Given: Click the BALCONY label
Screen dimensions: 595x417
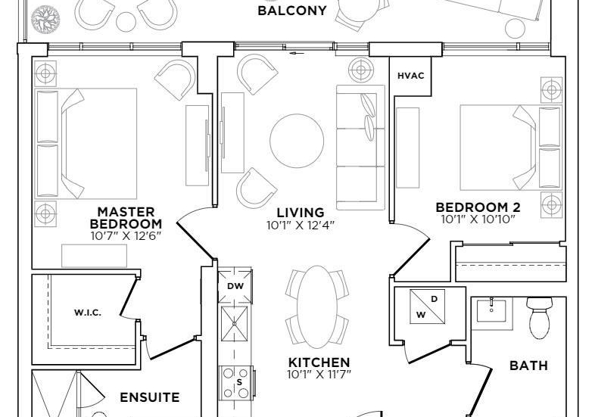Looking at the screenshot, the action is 291,11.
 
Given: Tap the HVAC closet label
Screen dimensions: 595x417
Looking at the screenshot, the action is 410,76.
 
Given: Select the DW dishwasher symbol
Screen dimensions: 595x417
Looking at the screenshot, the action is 235,286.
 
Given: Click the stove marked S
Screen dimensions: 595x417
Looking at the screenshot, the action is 235,382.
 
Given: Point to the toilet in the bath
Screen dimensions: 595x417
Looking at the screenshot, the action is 540,318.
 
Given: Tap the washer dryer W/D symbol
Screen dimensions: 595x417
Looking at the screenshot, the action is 428,307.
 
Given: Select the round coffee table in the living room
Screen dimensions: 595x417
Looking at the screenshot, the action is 297,141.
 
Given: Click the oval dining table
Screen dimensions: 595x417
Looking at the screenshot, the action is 317,307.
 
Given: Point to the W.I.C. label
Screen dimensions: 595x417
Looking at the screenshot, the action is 88,313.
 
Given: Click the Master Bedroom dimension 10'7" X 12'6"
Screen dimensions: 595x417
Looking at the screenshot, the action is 126,235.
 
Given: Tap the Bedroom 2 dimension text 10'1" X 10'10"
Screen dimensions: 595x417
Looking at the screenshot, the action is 478,219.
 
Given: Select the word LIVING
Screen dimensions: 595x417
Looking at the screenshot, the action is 301,213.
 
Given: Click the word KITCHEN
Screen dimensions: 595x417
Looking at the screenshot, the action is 319,362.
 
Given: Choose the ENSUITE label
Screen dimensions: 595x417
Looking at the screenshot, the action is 150,397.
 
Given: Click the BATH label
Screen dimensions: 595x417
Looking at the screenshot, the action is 528,366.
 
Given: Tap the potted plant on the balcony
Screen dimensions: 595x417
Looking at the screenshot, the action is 45,18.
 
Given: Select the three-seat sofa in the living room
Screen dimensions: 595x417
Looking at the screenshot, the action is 360,148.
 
